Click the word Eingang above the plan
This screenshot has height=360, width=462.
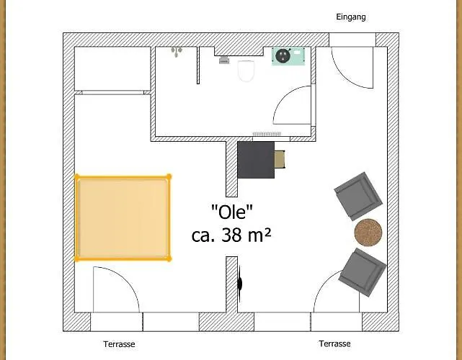[x=351, y=17]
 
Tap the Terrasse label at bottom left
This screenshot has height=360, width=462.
[x=119, y=344]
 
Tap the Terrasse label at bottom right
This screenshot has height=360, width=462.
[x=335, y=344]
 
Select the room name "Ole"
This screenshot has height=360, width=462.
[x=232, y=212]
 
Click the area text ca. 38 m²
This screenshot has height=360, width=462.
[x=231, y=235]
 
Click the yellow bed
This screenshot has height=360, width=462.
[x=123, y=217]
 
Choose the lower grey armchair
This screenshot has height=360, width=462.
[x=363, y=271]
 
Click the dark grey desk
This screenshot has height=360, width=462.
[x=256, y=159]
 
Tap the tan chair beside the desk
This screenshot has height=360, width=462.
[x=280, y=159]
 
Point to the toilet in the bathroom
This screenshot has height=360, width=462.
[x=246, y=70]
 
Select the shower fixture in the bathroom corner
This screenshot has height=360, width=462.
[x=176, y=52]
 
